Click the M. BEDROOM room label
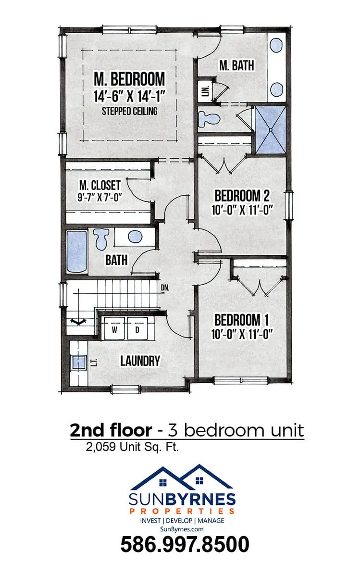tap(129, 79)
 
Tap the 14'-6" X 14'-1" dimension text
tap(129, 96)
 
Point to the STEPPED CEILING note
tap(129, 111)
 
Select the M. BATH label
tap(236, 65)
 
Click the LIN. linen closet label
tap(205, 91)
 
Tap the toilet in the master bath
tap(209, 119)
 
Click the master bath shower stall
tap(271, 130)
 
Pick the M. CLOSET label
tap(100, 185)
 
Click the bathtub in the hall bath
tap(77, 251)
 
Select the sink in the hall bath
tap(135, 237)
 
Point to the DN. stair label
tap(165, 288)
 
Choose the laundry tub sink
tap(79, 363)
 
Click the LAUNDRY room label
tap(140, 361)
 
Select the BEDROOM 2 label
tap(242, 196)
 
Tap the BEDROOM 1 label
tap(242, 320)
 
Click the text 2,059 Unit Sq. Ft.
tap(132, 447)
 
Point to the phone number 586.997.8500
tap(185, 544)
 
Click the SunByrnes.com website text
tap(182, 529)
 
